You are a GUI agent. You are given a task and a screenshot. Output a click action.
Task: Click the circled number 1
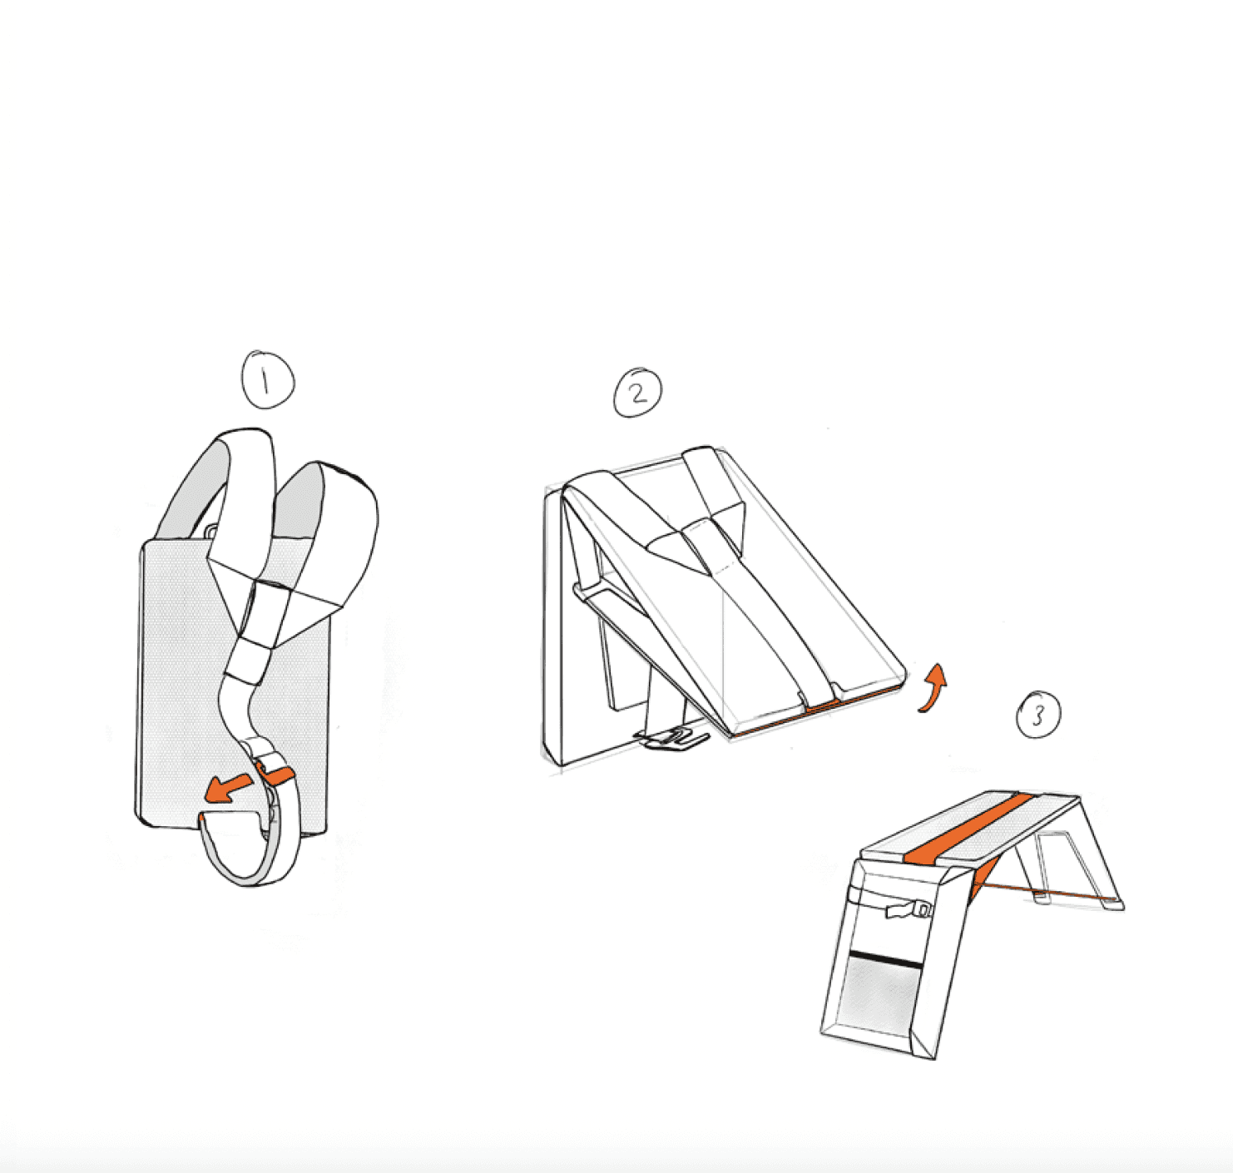[268, 379]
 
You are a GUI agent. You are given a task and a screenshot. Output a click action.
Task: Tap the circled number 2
[637, 393]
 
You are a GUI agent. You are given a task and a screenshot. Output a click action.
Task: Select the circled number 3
[1038, 714]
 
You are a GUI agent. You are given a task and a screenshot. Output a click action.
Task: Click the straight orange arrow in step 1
[228, 787]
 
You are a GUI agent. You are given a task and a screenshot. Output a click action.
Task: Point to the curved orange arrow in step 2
[933, 688]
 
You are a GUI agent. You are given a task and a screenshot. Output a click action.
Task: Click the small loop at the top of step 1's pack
[210, 531]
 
